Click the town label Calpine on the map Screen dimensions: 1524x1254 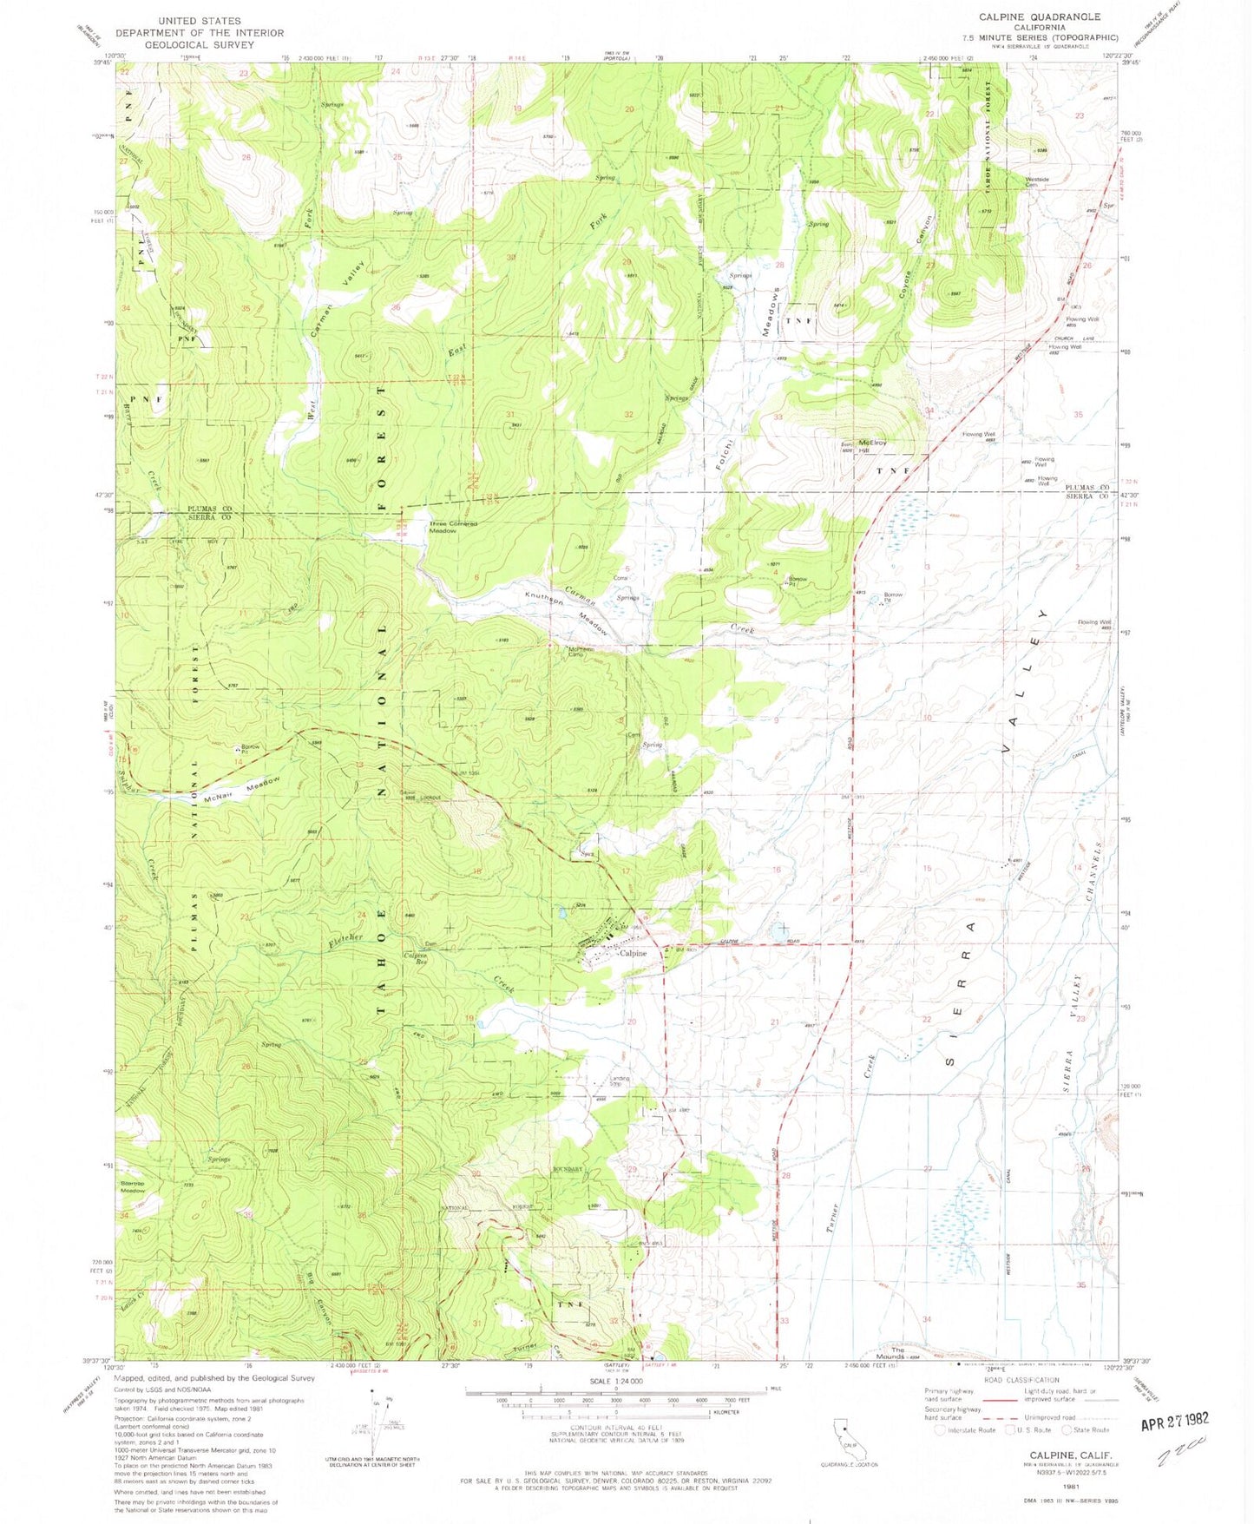tap(633, 953)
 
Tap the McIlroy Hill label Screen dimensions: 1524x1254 tap(872, 443)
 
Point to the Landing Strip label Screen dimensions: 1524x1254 tap(619, 1081)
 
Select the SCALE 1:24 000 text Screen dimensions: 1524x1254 tap(615, 1381)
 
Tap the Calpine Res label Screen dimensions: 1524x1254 tap(415, 959)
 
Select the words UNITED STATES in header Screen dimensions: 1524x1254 tap(200, 20)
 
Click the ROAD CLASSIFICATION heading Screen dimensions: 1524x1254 tap(1021, 1380)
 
